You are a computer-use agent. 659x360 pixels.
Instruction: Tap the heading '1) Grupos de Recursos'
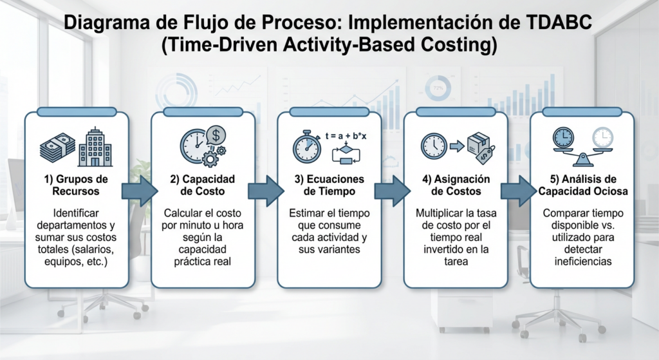pyautogui.click(x=76, y=185)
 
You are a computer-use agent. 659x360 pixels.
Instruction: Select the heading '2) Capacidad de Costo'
pyautogui.click(x=203, y=185)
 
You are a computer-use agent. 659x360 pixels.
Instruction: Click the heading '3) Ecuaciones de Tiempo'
pyautogui.click(x=329, y=185)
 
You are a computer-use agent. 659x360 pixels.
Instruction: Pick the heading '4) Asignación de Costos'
pyautogui.click(x=456, y=185)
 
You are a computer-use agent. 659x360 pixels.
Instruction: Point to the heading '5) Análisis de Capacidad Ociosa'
pyautogui.click(x=583, y=185)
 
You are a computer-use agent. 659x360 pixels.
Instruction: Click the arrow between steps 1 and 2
pyautogui.click(x=140, y=191)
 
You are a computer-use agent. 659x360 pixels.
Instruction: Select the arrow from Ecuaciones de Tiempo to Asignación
pyautogui.click(x=393, y=191)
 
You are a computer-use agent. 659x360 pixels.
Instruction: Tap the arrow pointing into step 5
pyautogui.click(x=519, y=191)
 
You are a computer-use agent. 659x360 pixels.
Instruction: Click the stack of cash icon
pyautogui.click(x=57, y=147)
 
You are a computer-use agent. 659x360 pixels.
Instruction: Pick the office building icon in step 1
pyautogui.click(x=95, y=146)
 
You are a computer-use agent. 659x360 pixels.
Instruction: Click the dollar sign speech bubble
pyautogui.click(x=216, y=135)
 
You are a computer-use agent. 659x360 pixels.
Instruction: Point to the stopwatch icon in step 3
pyautogui.click(x=307, y=147)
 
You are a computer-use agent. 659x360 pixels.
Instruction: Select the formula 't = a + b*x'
pyautogui.click(x=346, y=137)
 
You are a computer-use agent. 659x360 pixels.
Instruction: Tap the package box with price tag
pyautogui.click(x=482, y=148)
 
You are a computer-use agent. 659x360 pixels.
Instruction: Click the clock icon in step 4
pyautogui.click(x=434, y=146)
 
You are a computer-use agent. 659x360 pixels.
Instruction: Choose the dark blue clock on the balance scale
pyautogui.click(x=564, y=138)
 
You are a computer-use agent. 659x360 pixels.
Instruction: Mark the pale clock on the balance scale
pyautogui.click(x=602, y=138)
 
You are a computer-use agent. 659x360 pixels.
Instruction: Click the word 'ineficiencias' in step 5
pyautogui.click(x=582, y=261)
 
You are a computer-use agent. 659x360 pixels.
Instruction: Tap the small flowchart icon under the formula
pyautogui.click(x=346, y=153)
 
